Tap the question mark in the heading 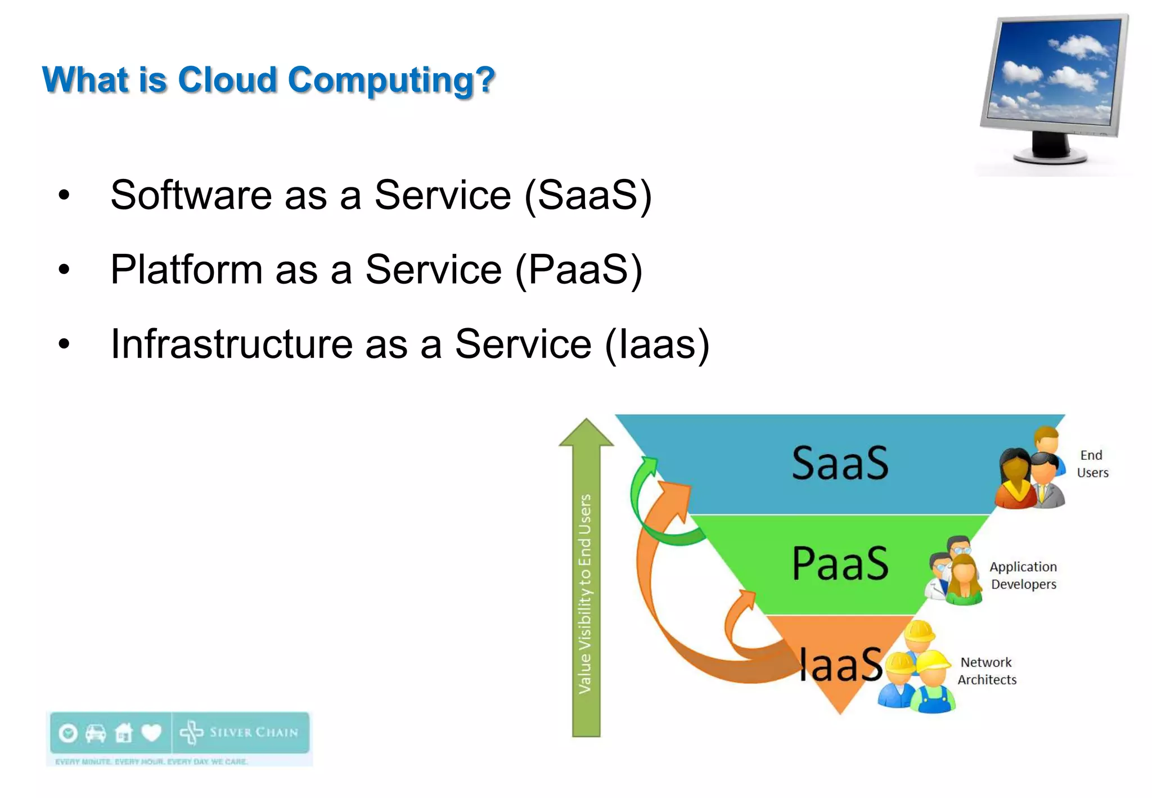484,80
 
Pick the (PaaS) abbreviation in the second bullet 579,270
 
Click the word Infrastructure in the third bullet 231,344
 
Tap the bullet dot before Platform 64,270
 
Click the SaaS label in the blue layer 840,464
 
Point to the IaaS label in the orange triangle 840,665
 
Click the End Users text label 1092,464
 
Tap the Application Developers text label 1023,575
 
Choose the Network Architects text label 987,671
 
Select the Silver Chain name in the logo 253,732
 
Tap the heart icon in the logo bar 151,733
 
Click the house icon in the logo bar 123,733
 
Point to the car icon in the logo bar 96,733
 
